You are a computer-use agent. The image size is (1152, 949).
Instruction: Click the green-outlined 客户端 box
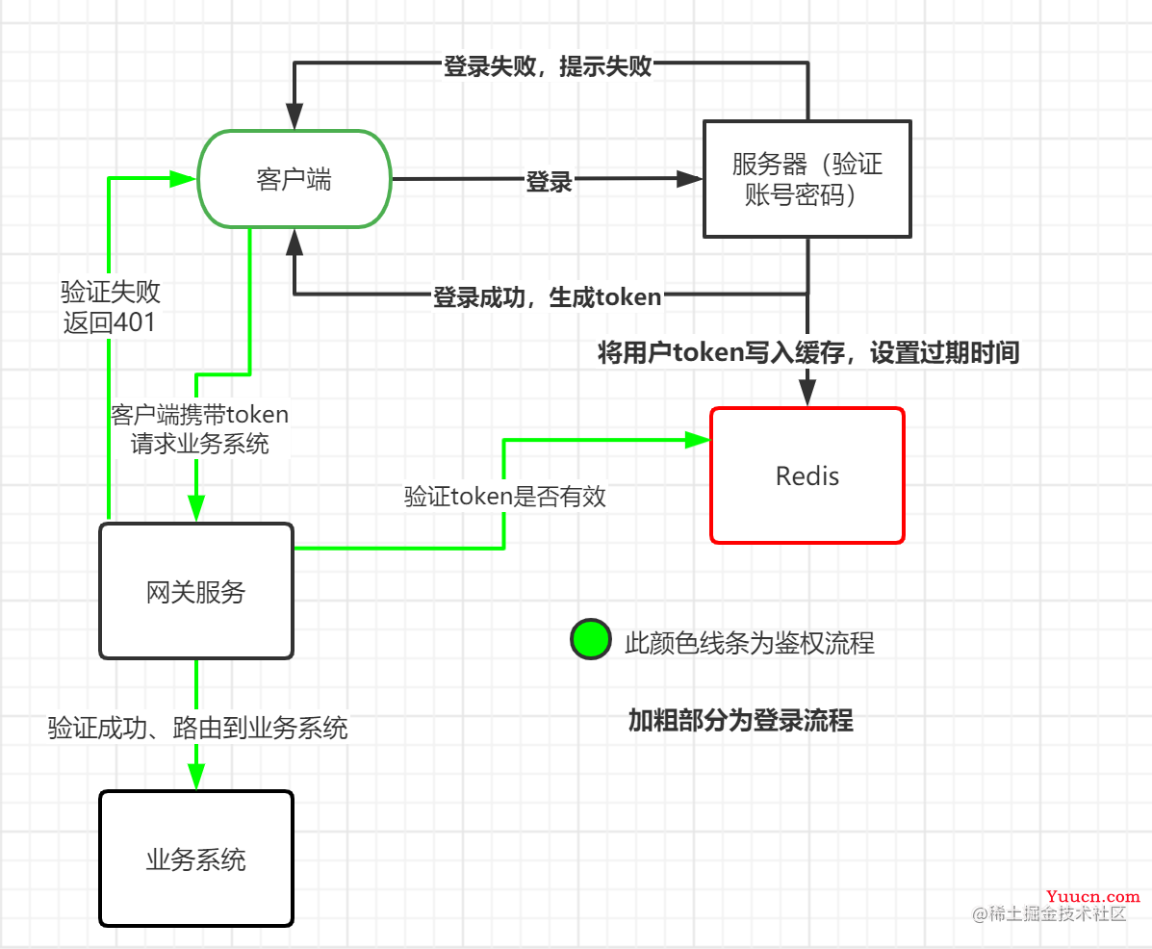[x=294, y=179]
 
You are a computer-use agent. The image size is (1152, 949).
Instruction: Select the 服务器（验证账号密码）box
[x=806, y=179]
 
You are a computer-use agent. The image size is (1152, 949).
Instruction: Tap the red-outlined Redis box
[x=806, y=475]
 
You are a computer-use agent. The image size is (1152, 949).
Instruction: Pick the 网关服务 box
[x=195, y=591]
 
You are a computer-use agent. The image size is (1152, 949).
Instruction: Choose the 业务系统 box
[x=195, y=859]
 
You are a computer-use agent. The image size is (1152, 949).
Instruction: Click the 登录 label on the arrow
[x=550, y=181]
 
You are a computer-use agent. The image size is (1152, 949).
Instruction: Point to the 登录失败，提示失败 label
[x=548, y=65]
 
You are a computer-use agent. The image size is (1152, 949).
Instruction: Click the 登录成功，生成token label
[x=548, y=296]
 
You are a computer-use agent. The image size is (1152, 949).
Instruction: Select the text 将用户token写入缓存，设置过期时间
[x=807, y=353]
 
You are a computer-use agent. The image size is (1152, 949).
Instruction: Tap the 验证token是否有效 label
[x=504, y=497]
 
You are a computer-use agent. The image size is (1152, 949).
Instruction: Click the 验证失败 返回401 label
[x=110, y=306]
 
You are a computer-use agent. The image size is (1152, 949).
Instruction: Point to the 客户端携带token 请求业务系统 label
[x=199, y=428]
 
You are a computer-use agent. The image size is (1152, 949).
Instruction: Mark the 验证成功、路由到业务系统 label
[x=197, y=727]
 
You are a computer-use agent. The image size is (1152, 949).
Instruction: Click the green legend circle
[x=590, y=639]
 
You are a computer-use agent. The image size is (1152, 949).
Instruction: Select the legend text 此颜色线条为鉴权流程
[x=750, y=642]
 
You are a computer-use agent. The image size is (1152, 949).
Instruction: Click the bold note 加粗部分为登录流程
[x=740, y=720]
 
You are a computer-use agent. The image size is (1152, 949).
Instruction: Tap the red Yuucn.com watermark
[x=1095, y=895]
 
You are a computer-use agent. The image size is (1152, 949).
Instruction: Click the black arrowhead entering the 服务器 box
[x=690, y=178]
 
